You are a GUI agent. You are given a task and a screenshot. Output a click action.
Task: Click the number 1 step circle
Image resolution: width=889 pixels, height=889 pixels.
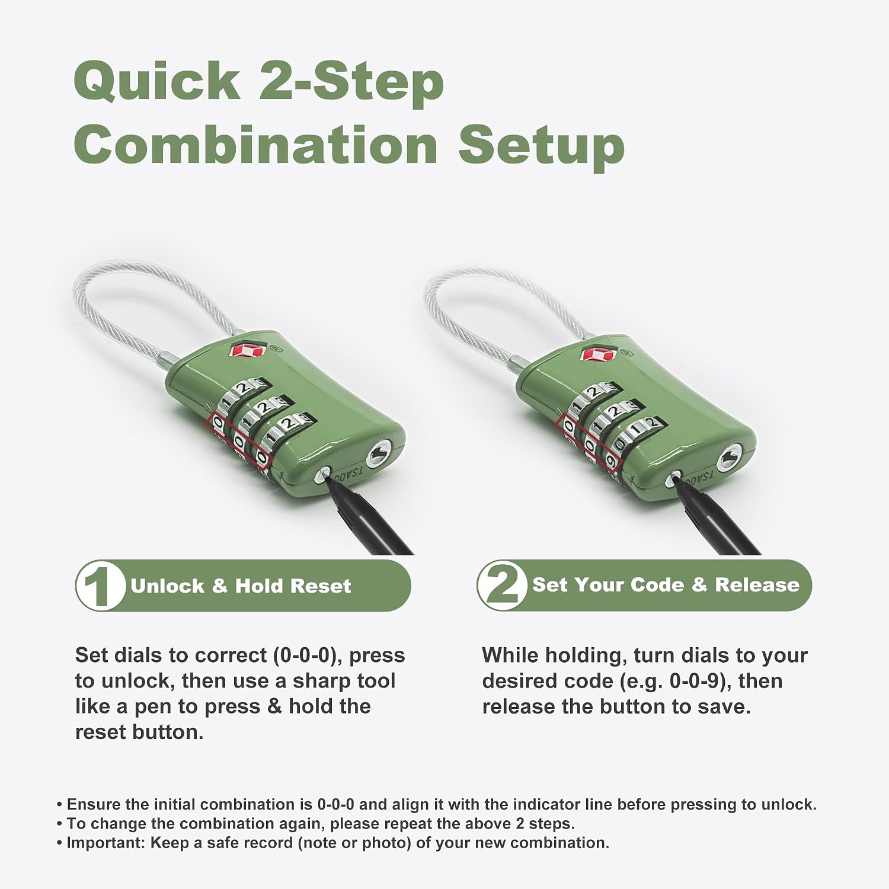(x=101, y=586)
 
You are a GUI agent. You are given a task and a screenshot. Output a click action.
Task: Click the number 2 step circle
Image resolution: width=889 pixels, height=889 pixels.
(x=503, y=585)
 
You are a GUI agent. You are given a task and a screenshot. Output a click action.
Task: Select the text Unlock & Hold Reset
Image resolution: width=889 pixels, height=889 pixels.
(x=241, y=586)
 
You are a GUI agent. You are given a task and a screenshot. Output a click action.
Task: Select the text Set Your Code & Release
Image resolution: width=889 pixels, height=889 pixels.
(x=666, y=585)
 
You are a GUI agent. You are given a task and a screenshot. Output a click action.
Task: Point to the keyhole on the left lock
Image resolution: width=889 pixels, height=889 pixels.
(x=377, y=456)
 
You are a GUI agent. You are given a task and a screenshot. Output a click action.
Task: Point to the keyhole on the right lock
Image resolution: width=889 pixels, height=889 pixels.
(x=729, y=459)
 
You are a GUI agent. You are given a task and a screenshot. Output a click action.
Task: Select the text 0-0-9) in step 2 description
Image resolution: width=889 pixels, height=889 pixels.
(x=698, y=682)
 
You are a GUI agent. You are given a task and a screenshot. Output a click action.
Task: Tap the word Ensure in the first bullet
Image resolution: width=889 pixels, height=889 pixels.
(x=87, y=804)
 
